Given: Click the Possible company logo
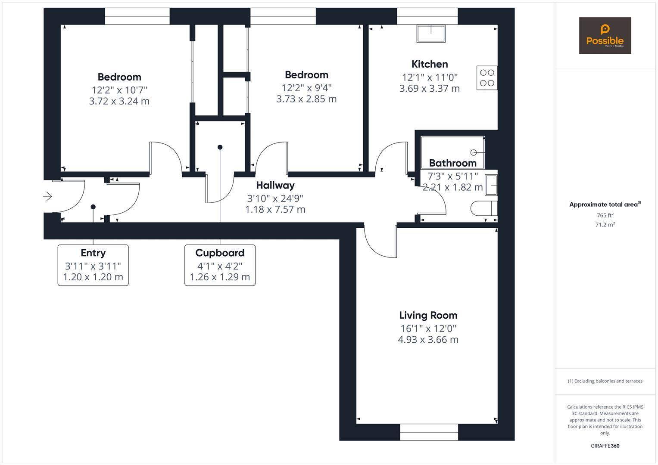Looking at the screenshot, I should pos(605,36).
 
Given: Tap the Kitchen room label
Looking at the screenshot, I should pos(430,64).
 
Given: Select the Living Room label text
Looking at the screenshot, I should pos(428,315).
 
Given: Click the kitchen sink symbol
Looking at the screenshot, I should pos(430,34).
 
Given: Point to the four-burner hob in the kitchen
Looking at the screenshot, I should pos(487,78).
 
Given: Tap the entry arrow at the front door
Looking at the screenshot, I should pos(47,196).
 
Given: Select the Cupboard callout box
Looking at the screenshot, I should pos(220,265).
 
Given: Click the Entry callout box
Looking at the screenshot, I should pos(93,265).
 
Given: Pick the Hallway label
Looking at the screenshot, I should pos(275,185).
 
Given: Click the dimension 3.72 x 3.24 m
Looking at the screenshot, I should pos(119,101).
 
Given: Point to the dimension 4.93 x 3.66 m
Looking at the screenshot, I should pos(428,340).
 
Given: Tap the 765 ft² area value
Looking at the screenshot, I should pos(605,215).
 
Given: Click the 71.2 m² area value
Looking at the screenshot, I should pos(605,224).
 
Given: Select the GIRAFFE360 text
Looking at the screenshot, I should pos(605,446).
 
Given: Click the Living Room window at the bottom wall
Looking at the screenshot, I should pos(429,432).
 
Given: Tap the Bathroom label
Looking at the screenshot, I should pos(452,163).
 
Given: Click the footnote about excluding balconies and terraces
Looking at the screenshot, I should pos(605,381).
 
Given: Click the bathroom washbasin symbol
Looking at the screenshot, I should pos(491,185).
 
